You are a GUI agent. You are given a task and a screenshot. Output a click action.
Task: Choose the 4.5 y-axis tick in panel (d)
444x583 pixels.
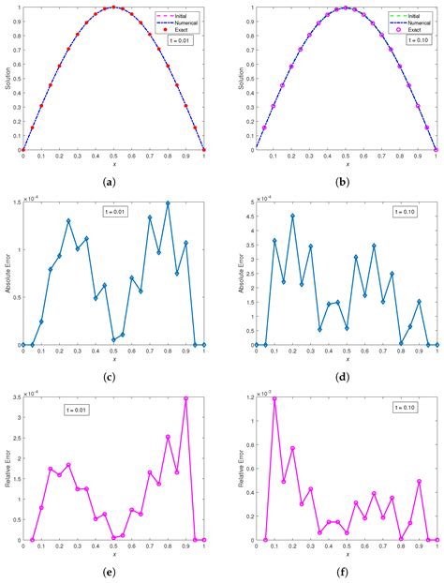coord(248,216)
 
